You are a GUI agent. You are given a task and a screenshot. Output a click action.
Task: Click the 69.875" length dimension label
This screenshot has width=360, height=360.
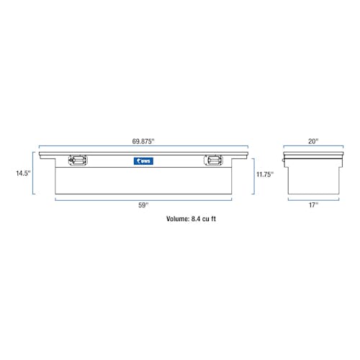tap(143, 141)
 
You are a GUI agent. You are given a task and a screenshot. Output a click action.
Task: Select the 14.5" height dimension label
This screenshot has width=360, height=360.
tap(23, 174)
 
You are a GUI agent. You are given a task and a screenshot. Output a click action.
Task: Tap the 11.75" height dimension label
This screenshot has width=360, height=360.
tap(265, 174)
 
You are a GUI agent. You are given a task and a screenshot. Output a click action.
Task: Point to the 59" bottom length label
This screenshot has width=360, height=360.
tap(143, 205)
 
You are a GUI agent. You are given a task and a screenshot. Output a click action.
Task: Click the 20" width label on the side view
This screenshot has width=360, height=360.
tap(313, 141)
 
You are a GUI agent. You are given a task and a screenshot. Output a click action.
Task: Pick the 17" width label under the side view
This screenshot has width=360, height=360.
tap(313, 205)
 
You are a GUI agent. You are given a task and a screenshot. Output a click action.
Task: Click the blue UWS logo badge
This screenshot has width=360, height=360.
tap(143, 161)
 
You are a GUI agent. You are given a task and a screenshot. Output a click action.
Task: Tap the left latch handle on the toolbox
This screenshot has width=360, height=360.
tap(78, 161)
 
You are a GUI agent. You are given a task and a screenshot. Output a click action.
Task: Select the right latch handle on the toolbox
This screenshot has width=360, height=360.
tap(213, 161)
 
